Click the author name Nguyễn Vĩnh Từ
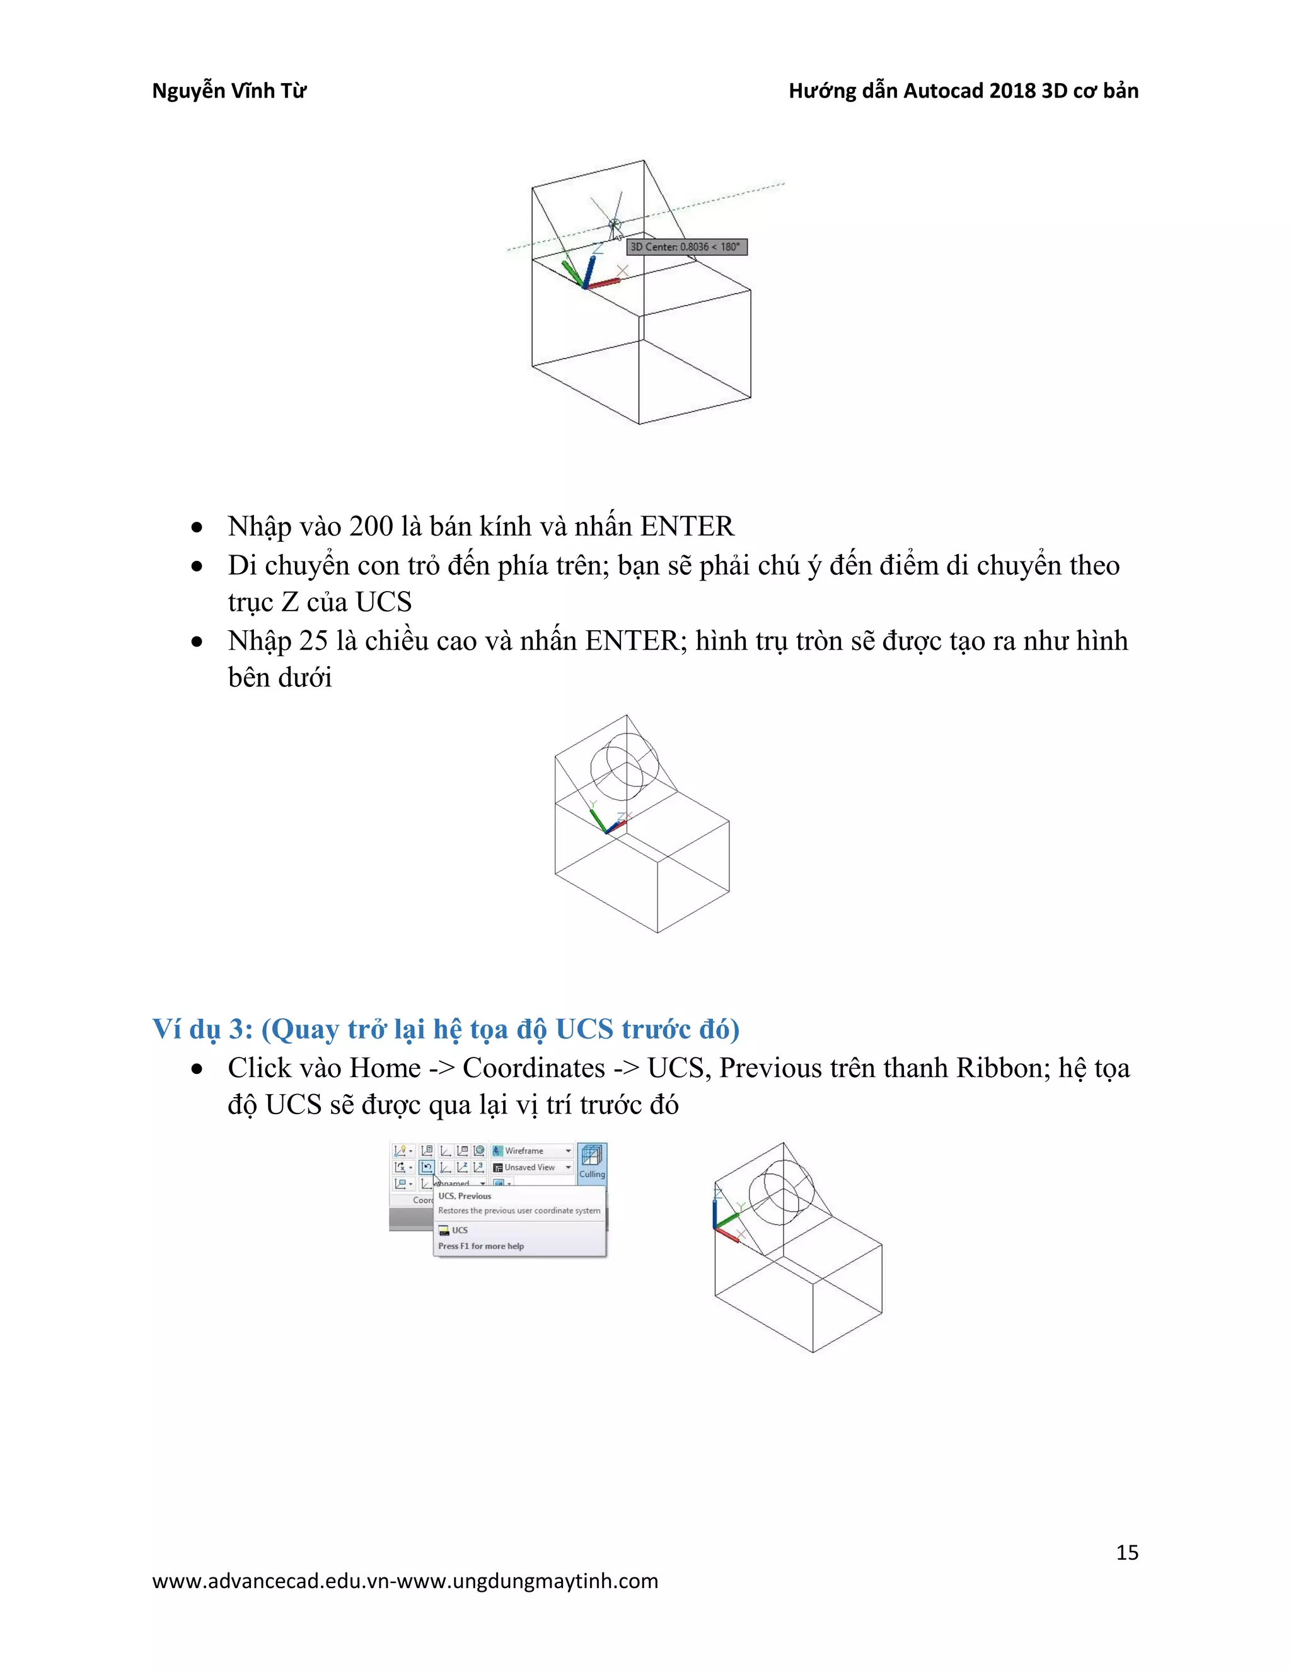[229, 91]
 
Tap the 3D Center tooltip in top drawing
[686, 247]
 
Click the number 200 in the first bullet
[371, 527]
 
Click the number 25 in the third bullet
[313, 641]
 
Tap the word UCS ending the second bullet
[384, 602]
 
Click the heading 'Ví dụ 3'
[203, 1029]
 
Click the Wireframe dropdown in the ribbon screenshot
[531, 1151]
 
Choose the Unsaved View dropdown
[531, 1168]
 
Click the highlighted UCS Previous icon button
[427, 1168]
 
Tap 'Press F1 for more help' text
[480, 1247]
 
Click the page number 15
[1126, 1552]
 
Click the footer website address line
[405, 1581]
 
